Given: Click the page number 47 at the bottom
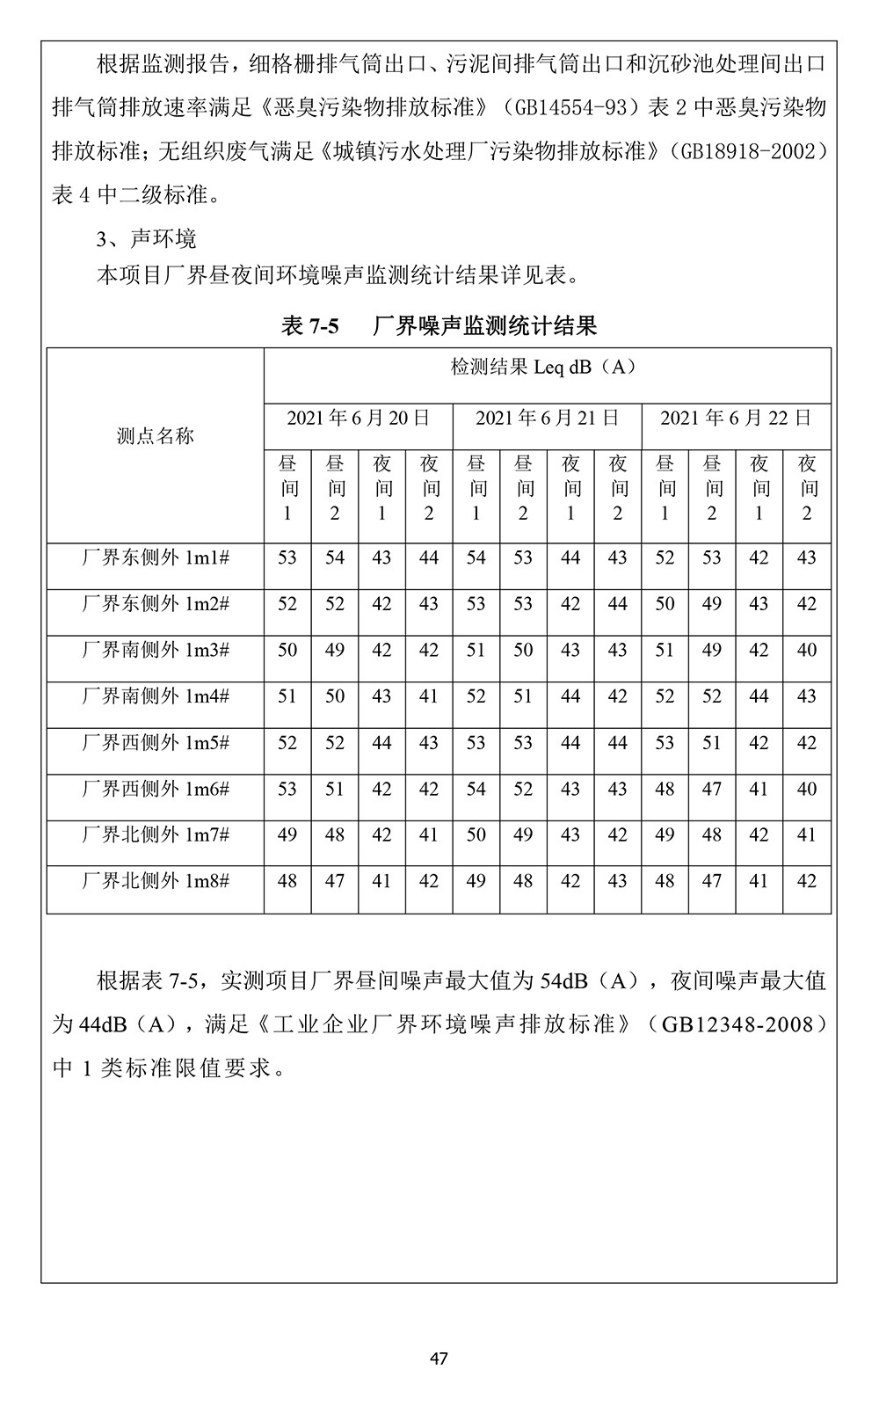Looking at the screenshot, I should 439,1359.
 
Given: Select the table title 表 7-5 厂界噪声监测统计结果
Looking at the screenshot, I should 439,326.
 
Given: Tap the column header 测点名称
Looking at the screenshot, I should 156,436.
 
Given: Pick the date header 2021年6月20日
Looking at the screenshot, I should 358,418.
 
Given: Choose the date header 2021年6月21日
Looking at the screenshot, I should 547,418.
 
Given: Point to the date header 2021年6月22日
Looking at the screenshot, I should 736,418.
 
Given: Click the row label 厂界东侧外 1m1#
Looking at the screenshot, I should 156,557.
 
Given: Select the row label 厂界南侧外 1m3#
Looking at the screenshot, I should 156,650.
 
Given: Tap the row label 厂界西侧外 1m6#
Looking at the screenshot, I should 156,789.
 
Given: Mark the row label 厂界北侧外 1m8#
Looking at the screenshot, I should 156,881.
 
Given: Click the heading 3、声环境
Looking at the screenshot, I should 146,238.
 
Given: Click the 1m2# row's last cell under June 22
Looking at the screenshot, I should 806,604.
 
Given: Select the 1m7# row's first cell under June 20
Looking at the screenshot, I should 287,834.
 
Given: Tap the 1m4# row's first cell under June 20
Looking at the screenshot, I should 287,696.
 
